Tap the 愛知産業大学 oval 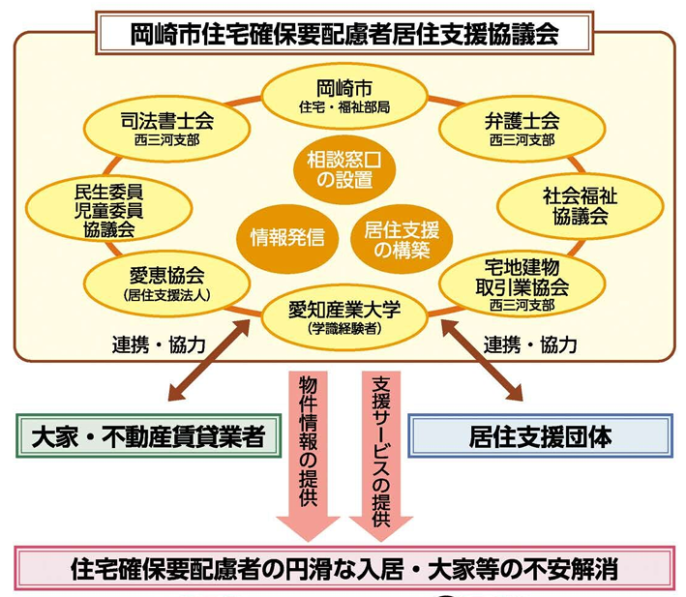(x=344, y=315)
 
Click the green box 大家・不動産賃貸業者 (x=141, y=436)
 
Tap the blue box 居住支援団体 (x=541, y=436)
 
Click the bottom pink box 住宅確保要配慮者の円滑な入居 (x=344, y=568)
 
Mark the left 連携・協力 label (x=158, y=344)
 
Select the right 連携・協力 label (x=530, y=344)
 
